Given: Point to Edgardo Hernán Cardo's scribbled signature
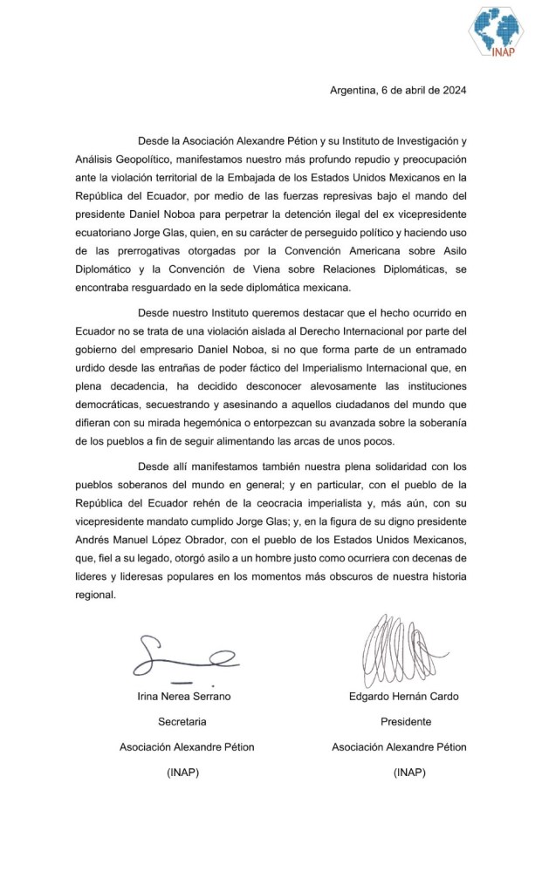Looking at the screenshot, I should [x=393, y=649].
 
